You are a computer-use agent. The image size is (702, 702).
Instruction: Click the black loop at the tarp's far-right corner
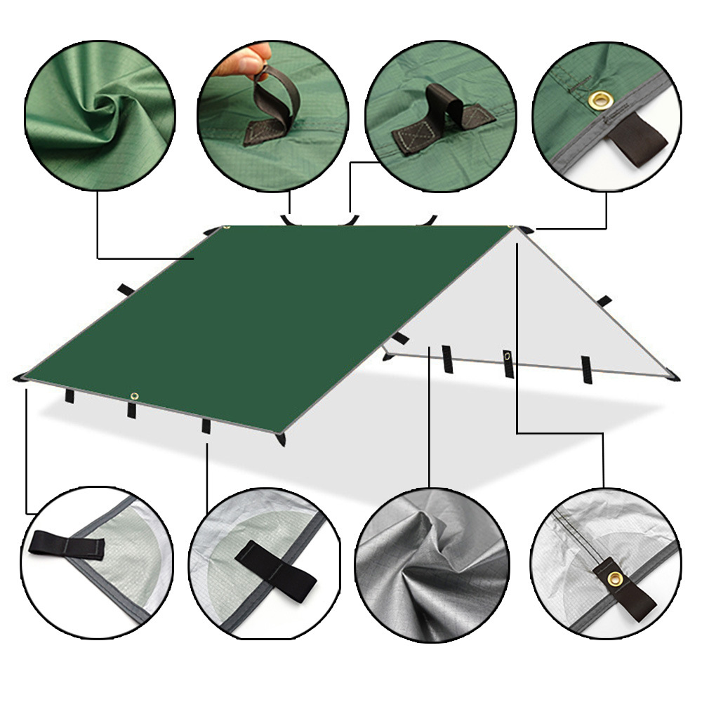pos(675,377)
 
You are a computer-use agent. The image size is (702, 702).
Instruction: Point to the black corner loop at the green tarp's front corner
pos(282,438)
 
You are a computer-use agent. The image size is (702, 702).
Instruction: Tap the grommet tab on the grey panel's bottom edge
pos(508,362)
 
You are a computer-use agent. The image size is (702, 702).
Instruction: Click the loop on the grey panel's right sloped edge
pos(604,300)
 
